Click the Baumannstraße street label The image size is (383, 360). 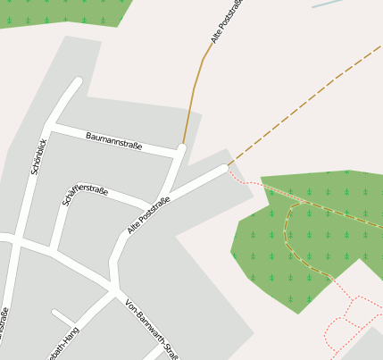113,140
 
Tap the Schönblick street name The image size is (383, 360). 38,155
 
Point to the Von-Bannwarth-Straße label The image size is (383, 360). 152,327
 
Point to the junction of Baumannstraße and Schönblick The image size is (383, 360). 51,130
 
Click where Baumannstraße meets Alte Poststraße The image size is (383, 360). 180,150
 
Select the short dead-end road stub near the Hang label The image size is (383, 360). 62,316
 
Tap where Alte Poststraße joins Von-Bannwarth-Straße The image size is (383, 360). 116,288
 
